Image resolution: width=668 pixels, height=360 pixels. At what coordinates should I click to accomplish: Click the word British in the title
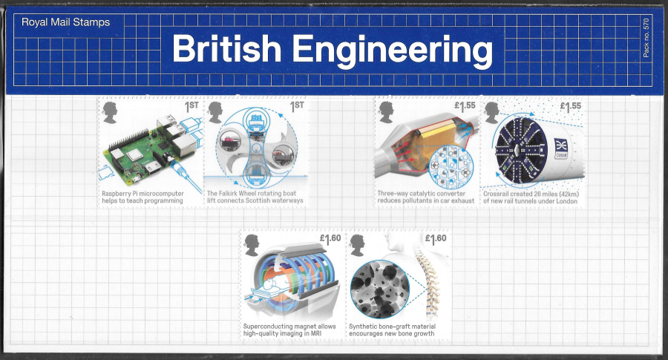pos(226,48)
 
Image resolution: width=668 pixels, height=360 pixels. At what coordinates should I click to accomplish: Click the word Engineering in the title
pos(393,51)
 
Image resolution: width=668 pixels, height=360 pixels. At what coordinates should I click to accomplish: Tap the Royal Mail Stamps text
pos(65,22)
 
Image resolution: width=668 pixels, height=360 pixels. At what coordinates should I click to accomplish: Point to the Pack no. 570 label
pos(646,38)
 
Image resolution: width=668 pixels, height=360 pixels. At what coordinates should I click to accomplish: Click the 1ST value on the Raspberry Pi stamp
pos(191,106)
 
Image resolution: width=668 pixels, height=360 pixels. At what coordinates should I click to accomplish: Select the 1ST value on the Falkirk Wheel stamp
pos(297,106)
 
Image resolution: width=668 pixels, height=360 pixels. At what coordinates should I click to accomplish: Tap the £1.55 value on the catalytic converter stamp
pos(465,106)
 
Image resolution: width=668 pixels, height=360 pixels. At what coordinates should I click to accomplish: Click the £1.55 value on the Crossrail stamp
pos(571,106)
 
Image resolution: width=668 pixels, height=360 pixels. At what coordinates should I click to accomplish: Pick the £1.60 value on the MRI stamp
pos(330,239)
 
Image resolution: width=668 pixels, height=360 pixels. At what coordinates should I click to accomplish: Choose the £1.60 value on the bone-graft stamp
pos(436,239)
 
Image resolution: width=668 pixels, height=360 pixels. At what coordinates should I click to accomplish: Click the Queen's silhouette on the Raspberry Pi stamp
pos(111,113)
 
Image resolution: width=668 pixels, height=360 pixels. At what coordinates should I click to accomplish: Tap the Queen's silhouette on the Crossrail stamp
pos(492,113)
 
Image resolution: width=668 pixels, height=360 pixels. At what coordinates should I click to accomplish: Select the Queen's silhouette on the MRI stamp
pos(252,245)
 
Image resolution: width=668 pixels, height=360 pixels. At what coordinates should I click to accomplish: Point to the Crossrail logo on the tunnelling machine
pos(560,148)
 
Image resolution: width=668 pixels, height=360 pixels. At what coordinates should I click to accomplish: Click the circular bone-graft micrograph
pos(379,289)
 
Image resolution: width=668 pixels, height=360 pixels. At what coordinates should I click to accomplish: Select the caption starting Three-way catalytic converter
pos(425,197)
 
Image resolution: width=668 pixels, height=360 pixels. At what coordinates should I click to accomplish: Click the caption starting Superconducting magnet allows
pos(289,330)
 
